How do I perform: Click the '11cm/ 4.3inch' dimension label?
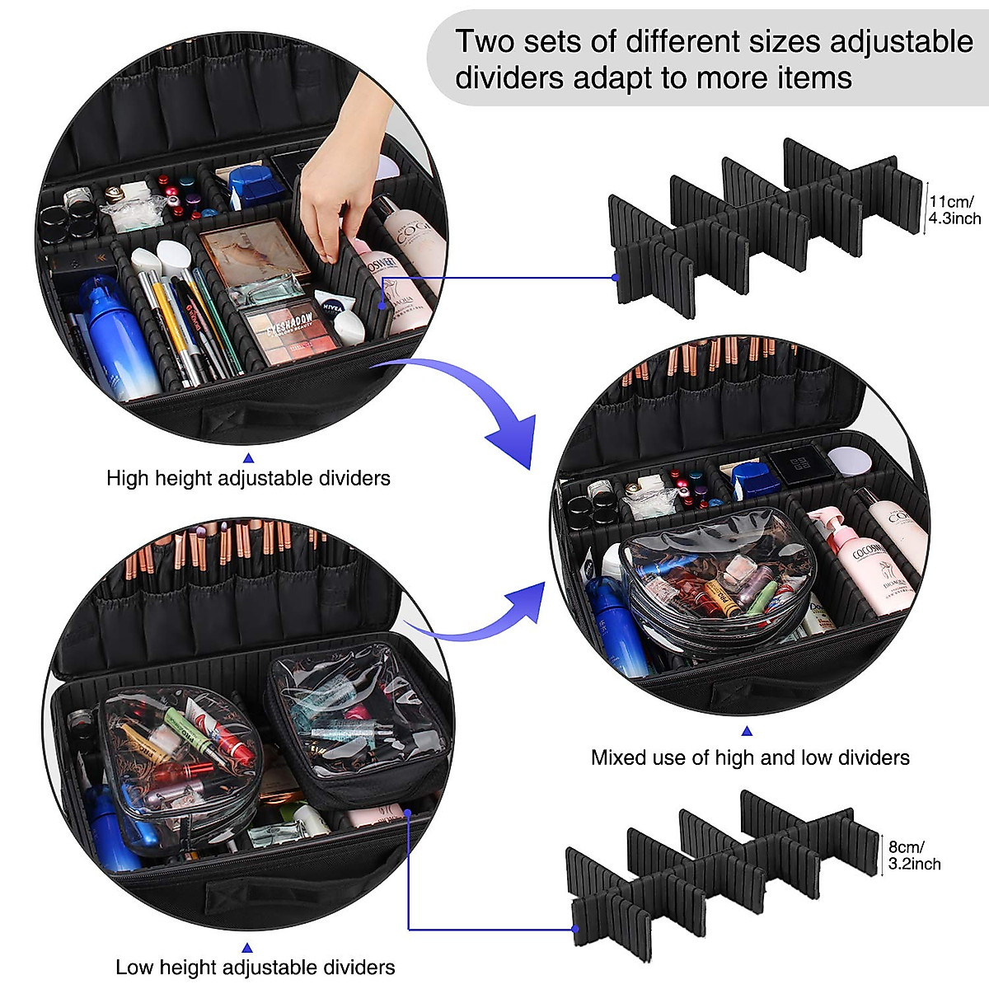pos(954,209)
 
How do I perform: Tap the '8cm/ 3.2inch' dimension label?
pos(913,855)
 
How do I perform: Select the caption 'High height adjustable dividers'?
pos(248,478)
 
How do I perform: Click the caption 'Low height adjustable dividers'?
pos(255,967)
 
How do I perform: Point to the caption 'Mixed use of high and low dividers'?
pos(750,757)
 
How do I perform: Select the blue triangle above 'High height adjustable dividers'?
pos(248,457)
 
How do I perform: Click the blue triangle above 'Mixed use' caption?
pos(747,731)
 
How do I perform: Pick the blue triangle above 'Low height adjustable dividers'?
pos(247,948)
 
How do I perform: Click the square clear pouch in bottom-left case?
pos(354,717)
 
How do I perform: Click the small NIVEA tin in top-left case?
pos(332,307)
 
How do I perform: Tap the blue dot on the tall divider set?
pos(615,278)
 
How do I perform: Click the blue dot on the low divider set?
pos(574,929)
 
